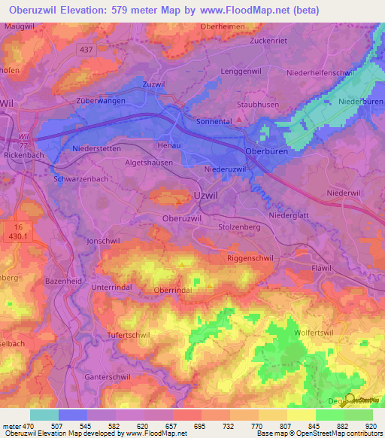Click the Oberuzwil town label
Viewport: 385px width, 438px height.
182,217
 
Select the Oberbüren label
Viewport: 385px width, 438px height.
267,151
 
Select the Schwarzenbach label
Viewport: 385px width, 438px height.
82,179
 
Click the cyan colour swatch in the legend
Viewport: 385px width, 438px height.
44,415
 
